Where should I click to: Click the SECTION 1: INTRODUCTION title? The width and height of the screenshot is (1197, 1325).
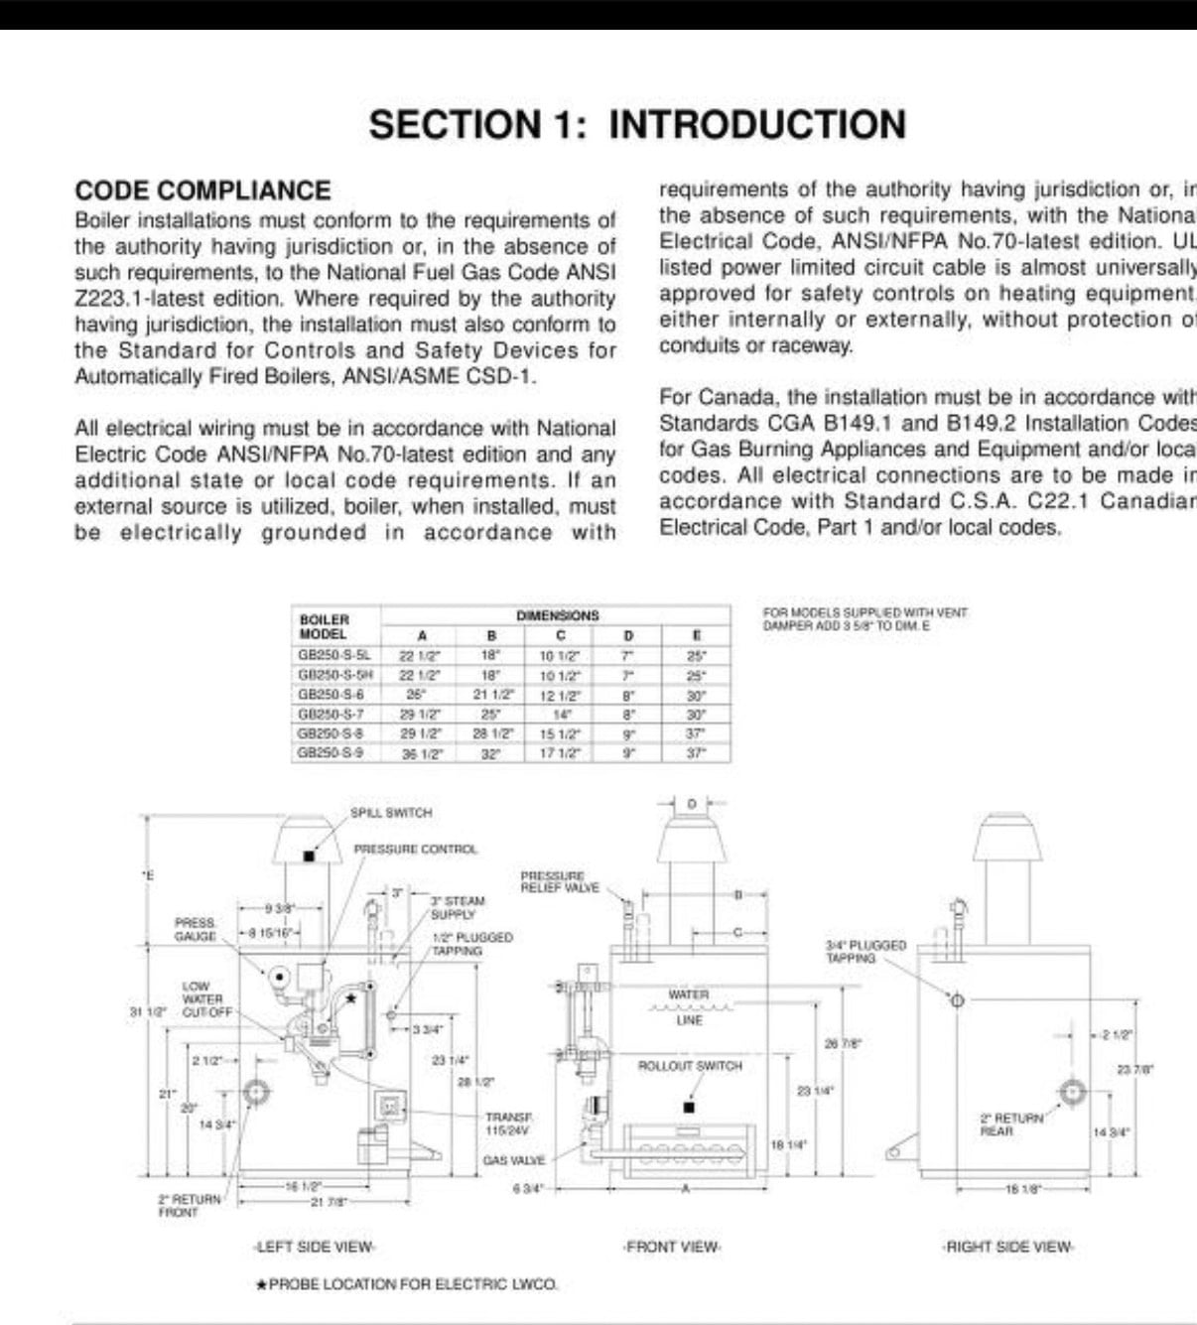click(637, 125)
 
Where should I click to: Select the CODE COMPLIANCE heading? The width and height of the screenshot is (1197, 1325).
click(202, 191)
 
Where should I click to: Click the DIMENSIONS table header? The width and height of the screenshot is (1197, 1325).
click(558, 615)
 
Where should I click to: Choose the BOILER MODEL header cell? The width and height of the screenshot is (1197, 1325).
click(324, 626)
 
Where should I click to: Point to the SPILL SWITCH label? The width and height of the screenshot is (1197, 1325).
click(391, 813)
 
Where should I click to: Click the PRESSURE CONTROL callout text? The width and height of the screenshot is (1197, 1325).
click(415, 850)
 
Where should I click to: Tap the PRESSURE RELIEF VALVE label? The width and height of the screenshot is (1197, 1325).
click(560, 881)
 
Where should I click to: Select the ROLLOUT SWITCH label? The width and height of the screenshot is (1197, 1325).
click(690, 1066)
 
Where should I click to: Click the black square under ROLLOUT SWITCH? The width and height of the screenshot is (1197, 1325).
click(690, 1107)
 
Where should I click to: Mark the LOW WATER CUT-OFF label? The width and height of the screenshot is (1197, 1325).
click(206, 999)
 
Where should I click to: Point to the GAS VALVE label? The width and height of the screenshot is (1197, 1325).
click(513, 1160)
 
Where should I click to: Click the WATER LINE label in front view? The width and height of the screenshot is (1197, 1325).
click(689, 1006)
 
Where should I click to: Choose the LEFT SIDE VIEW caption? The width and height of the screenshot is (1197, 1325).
click(314, 1247)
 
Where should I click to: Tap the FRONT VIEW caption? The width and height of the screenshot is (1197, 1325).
click(672, 1247)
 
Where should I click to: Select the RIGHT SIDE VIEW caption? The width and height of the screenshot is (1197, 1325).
click(1008, 1247)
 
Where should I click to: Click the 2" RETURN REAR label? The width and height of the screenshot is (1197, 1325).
click(1011, 1124)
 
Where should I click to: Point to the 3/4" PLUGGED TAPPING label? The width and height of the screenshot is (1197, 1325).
click(865, 951)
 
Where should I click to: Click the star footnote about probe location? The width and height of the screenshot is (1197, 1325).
click(407, 1284)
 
